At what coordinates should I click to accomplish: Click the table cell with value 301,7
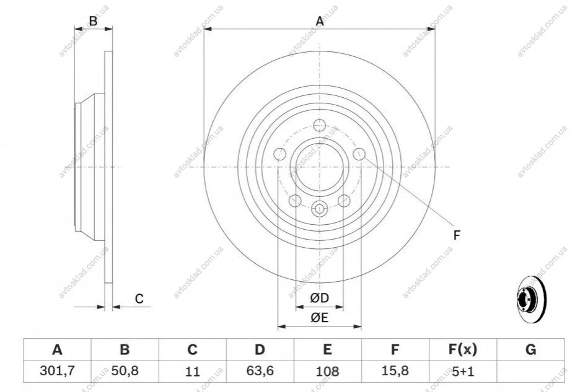(x=57, y=371)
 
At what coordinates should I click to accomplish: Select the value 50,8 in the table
(x=125, y=371)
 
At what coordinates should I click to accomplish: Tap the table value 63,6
(x=260, y=371)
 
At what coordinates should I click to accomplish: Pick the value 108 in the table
(x=327, y=371)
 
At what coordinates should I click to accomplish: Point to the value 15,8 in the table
(x=395, y=371)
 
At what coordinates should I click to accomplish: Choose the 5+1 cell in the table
(x=463, y=371)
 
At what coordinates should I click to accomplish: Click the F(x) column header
(x=463, y=349)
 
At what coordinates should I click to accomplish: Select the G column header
(x=530, y=349)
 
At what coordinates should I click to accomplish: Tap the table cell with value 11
(x=192, y=371)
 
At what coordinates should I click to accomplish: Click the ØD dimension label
(x=319, y=298)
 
